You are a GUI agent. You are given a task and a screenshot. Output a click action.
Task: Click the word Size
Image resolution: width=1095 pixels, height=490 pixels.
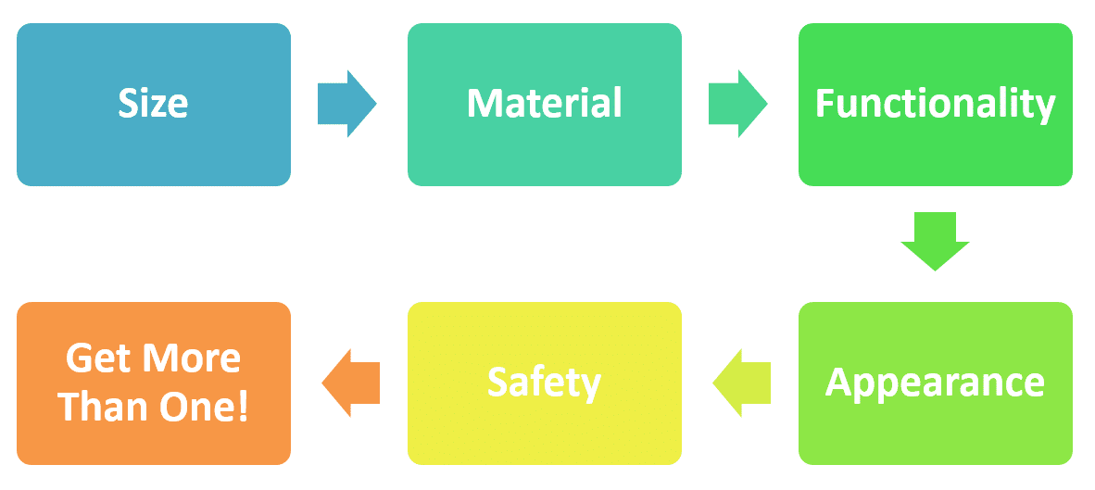point(153,104)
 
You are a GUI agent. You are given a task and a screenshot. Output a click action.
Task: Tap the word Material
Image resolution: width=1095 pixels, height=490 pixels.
point(544,104)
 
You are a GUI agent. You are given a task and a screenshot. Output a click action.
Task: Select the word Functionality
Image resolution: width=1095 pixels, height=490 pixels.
point(935,106)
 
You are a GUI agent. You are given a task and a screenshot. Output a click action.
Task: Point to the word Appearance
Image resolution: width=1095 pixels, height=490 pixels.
point(935,384)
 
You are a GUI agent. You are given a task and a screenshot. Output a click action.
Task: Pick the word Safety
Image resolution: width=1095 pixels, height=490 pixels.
point(544,384)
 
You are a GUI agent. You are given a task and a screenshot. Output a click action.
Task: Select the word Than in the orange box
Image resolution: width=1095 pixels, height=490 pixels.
point(102,406)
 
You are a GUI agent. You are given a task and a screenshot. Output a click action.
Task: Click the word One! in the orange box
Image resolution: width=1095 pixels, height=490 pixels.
point(204,406)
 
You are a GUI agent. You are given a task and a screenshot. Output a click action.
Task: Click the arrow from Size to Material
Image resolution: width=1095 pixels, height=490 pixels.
point(347,104)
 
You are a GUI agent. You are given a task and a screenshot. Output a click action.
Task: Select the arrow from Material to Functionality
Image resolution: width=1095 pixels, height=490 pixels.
point(738,104)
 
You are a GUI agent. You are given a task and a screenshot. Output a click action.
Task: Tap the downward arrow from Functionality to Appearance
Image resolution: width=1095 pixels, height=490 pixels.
point(935,242)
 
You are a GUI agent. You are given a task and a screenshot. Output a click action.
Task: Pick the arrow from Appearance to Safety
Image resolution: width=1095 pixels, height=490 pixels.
point(741,383)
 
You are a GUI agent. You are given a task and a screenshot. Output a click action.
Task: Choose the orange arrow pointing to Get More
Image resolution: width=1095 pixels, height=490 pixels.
point(350,383)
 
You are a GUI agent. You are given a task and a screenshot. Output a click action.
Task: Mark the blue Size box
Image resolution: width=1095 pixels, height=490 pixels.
point(154,105)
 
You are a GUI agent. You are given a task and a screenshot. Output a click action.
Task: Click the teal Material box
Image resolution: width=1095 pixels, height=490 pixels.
point(545,105)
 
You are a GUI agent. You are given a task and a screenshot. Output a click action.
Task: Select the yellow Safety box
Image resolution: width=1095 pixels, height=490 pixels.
point(545,383)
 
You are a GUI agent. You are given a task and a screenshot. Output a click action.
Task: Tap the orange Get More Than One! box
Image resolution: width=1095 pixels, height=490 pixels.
point(154,383)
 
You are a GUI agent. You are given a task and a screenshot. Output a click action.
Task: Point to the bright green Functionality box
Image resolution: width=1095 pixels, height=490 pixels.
point(936,105)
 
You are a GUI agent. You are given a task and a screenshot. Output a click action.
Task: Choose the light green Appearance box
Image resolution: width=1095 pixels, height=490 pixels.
point(936,383)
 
